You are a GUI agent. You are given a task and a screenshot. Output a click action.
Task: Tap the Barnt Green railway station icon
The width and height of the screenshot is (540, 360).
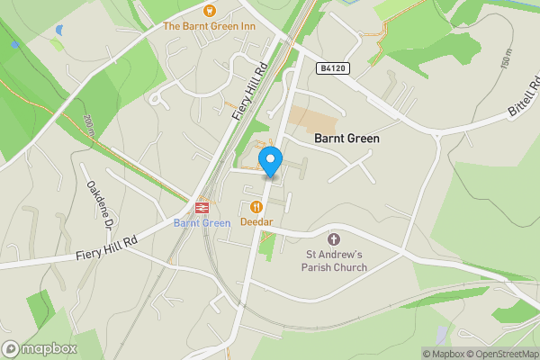201,206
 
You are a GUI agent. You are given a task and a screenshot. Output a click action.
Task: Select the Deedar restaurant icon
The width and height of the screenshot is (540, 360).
256,206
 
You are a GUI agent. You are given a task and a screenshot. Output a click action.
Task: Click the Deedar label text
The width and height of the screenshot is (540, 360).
256,221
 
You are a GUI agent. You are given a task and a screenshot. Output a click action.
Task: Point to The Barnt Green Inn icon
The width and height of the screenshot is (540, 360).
209,11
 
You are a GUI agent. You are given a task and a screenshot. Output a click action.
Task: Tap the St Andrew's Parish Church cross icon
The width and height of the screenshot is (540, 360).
335,239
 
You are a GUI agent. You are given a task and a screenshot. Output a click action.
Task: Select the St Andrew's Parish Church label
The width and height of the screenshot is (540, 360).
335,261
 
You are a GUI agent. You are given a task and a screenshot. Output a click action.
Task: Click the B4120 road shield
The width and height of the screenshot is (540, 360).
332,68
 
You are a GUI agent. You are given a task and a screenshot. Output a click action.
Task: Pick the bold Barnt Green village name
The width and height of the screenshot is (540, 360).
346,139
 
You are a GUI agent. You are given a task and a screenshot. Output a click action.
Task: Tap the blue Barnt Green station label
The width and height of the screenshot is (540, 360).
202,222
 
